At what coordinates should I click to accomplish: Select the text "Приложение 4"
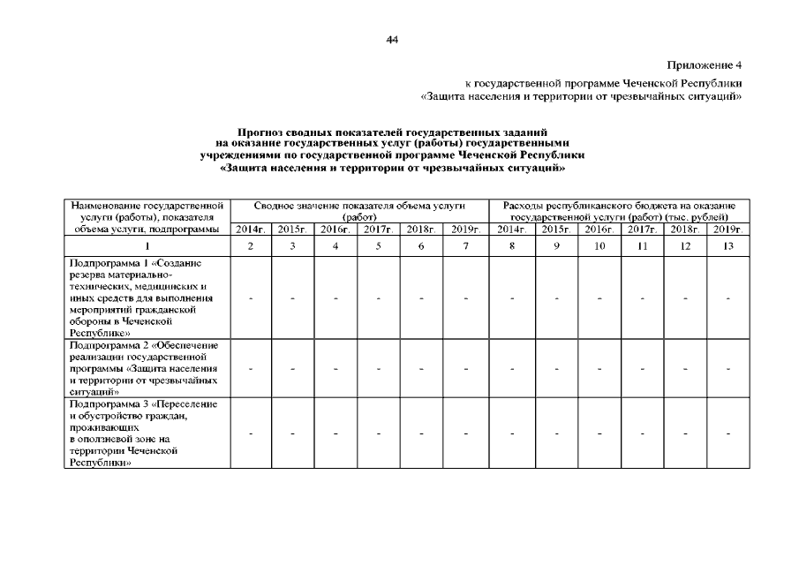[x=705, y=66]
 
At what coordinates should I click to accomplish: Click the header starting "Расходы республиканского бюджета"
[x=619, y=205]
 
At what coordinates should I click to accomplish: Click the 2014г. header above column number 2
[x=251, y=229]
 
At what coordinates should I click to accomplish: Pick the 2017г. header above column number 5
[x=378, y=229]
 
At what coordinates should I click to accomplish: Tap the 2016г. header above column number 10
[x=599, y=229]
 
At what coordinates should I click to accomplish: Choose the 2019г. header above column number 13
[x=728, y=229]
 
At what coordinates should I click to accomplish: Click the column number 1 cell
[x=147, y=246]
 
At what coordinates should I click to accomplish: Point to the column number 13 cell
[x=728, y=246]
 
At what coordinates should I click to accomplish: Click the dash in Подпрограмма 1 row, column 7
[x=465, y=298]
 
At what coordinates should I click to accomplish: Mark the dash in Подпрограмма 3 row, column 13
[x=728, y=433]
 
